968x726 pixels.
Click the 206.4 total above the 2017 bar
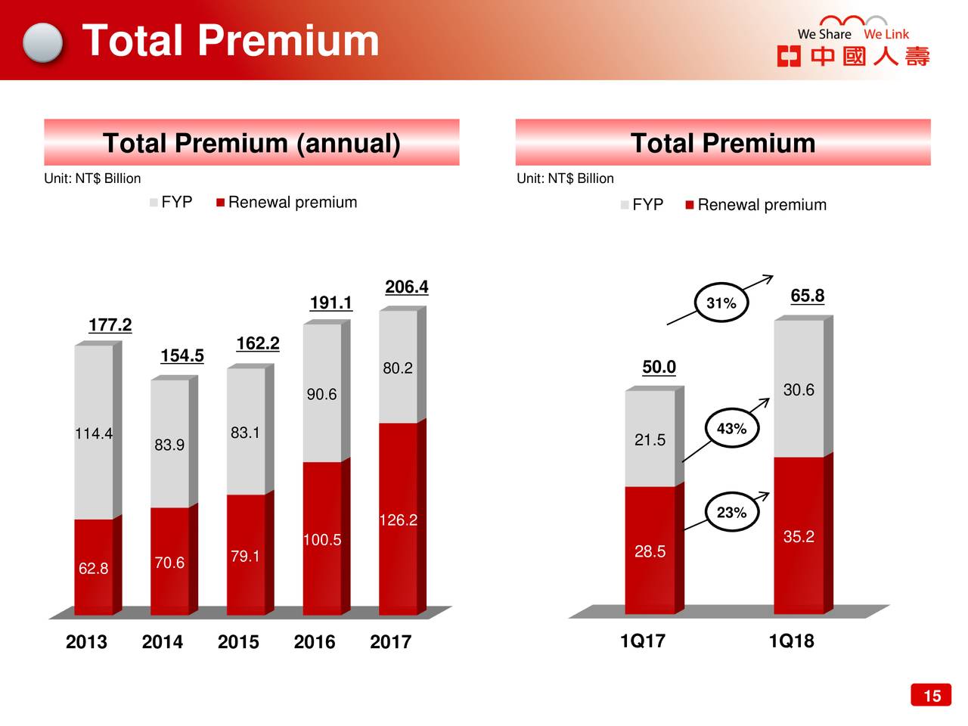tap(406, 287)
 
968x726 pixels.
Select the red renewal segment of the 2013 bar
tap(93, 567)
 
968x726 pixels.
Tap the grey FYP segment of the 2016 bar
tap(321, 393)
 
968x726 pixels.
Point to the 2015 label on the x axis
tap(238, 642)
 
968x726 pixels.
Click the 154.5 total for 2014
tap(181, 355)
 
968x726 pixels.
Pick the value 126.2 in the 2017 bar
tap(398, 520)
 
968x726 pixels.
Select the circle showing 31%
tap(721, 303)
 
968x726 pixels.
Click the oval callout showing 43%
tap(731, 429)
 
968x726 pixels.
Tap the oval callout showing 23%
tap(731, 513)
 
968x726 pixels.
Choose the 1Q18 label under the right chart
tap(791, 641)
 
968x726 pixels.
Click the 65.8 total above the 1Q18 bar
tap(807, 296)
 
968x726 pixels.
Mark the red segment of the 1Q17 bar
tap(650, 551)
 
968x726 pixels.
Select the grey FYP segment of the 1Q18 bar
tap(799, 389)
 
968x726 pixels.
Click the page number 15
tap(932, 696)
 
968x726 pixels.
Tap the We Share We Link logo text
tap(853, 34)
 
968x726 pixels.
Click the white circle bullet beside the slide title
tap(42, 42)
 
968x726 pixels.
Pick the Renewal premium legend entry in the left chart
tap(287, 203)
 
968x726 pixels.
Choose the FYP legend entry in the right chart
tap(642, 205)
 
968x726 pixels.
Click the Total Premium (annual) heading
tap(251, 143)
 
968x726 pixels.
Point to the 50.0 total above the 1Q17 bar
tap(659, 368)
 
